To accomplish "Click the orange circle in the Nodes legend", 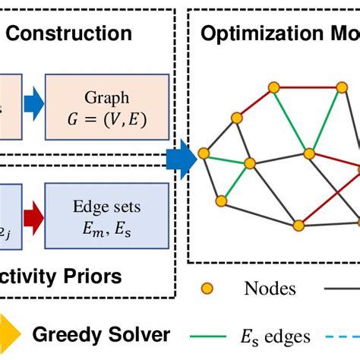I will coord(207,288).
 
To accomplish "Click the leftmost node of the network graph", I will coord(204,153).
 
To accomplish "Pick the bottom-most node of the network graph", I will coord(299,225).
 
